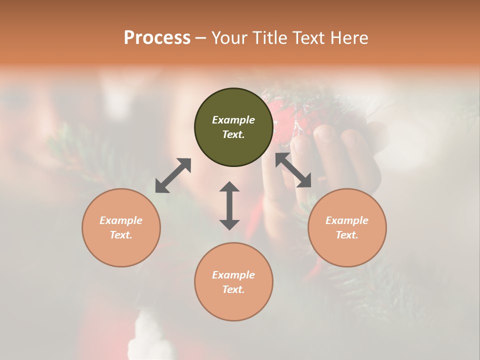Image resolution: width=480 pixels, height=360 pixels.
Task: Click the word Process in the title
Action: [157, 38]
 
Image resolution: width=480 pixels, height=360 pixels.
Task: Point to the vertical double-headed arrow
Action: [229, 205]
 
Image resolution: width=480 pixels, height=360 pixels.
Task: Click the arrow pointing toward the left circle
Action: [173, 175]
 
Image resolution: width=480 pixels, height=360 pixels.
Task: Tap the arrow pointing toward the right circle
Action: [293, 170]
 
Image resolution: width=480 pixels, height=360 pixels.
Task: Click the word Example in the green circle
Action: [233, 120]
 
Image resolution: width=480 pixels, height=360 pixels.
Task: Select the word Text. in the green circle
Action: [233, 134]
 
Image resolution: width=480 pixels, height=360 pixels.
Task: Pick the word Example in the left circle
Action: [121, 220]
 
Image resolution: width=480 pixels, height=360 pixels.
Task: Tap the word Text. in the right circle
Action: [347, 235]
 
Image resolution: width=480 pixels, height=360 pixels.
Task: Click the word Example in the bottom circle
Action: [233, 275]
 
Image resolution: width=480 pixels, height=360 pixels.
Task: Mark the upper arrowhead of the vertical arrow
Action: [229, 187]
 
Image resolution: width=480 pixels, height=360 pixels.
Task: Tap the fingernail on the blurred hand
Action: [325, 133]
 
